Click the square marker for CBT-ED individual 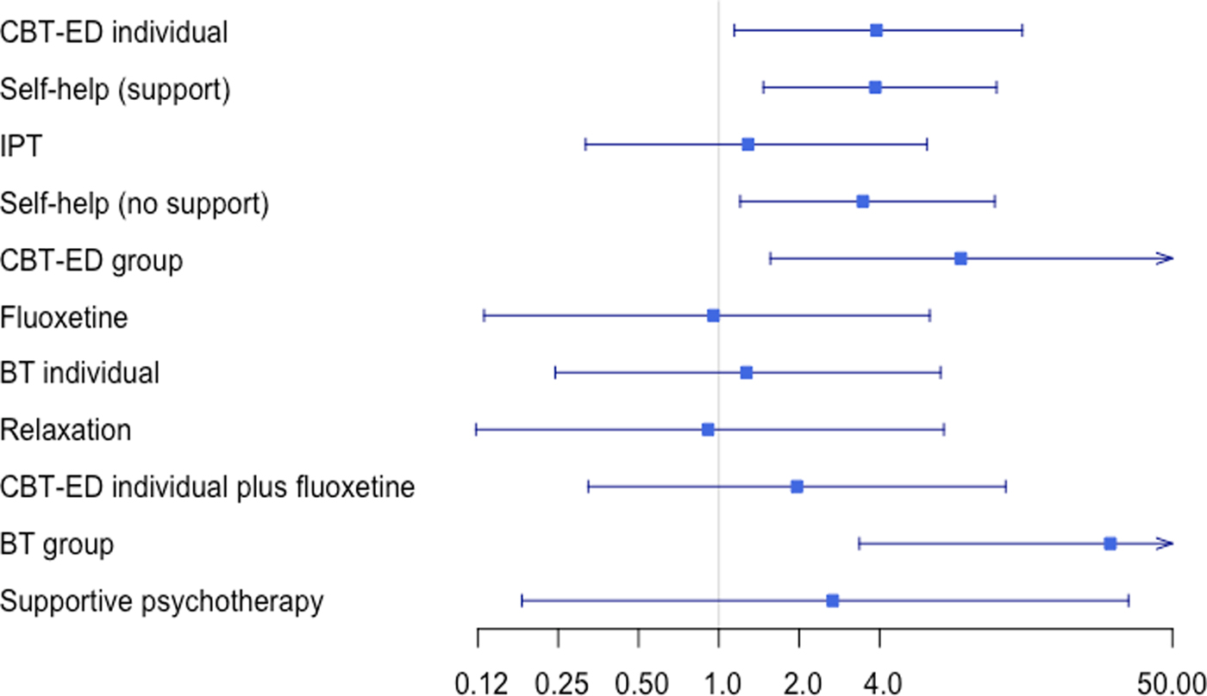(876, 30)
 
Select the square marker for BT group (1110, 544)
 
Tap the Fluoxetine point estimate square (713, 315)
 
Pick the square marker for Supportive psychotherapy (832, 600)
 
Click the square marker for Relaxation (708, 429)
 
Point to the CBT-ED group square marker (960, 258)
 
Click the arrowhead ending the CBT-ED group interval (1167, 258)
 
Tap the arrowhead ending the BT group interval (1167, 544)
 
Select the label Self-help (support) (116, 89)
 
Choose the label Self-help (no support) (134, 203)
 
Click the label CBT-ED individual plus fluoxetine (208, 488)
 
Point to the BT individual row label (80, 373)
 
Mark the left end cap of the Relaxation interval (476, 429)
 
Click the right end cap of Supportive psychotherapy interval (1128, 600)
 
